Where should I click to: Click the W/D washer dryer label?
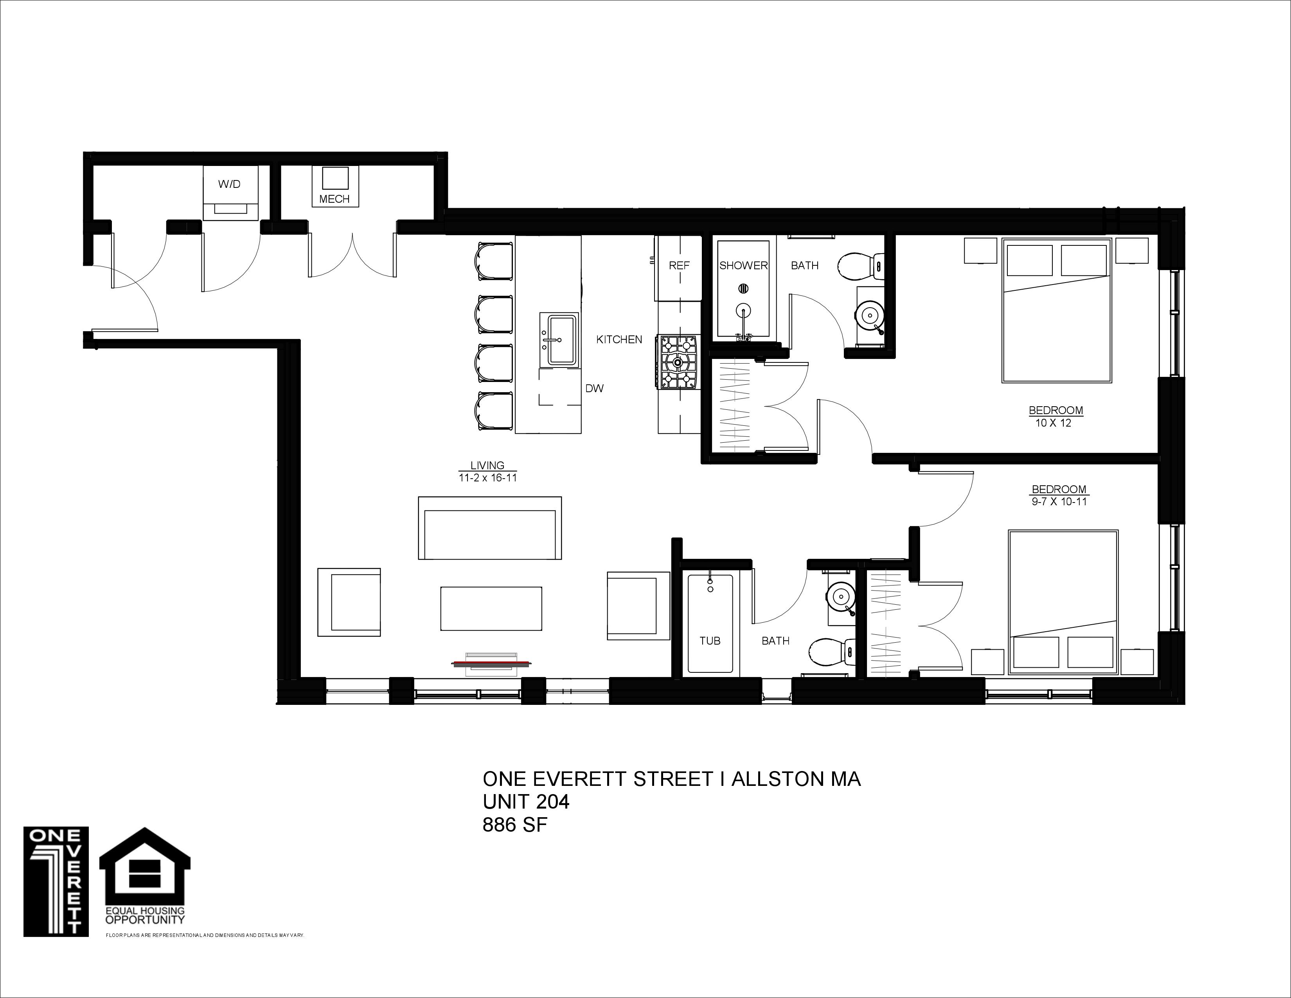(x=229, y=184)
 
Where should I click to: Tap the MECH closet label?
(x=334, y=199)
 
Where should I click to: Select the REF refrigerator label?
(x=679, y=265)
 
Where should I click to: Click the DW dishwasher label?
(x=594, y=389)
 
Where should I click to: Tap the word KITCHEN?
(x=619, y=339)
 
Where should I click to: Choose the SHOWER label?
(x=743, y=265)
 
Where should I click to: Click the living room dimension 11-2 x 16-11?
(x=488, y=478)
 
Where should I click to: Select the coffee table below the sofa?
(x=491, y=608)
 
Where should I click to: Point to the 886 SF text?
(x=515, y=824)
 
